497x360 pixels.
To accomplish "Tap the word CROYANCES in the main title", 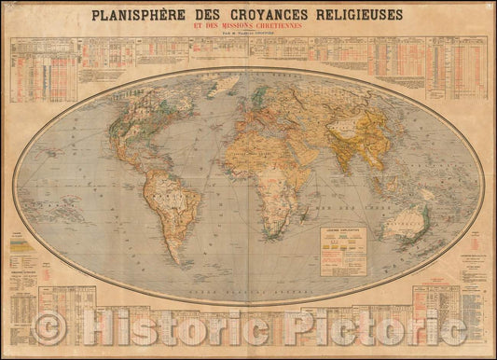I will [266, 15].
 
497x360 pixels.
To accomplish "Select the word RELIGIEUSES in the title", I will [364, 15].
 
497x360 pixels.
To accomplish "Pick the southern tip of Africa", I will [271, 228].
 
